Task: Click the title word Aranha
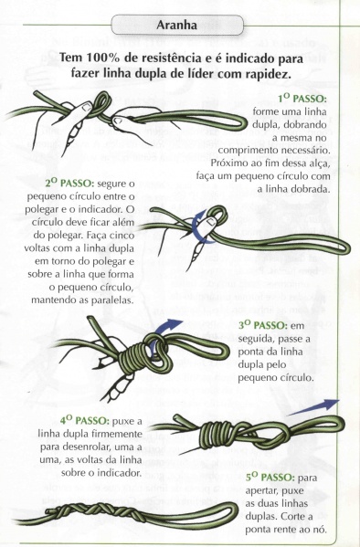point(179,25)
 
